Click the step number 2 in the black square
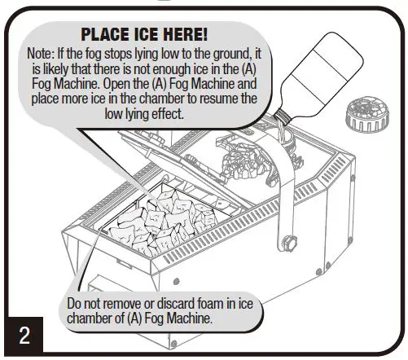[x=24, y=336]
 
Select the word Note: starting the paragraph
[x=43, y=53]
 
